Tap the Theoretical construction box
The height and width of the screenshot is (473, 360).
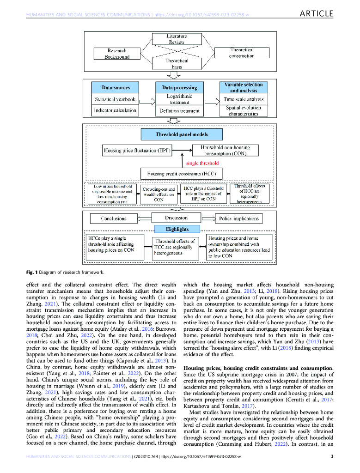[242, 53]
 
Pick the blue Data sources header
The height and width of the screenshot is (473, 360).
[116, 87]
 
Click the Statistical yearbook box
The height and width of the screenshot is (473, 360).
[115, 99]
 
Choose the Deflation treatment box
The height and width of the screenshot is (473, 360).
[179, 111]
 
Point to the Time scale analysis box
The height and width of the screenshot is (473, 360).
[244, 99]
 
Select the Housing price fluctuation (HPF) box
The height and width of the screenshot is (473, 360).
[138, 151]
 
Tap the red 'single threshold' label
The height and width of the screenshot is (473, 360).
[202, 163]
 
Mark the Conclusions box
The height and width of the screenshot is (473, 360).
[114, 218]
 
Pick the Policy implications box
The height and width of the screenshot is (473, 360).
[239, 218]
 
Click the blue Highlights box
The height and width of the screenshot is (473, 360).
[177, 229]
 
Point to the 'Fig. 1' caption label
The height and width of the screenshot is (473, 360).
[32, 272]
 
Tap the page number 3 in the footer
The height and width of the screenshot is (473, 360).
[332, 457]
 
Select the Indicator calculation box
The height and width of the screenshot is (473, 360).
[115, 111]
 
